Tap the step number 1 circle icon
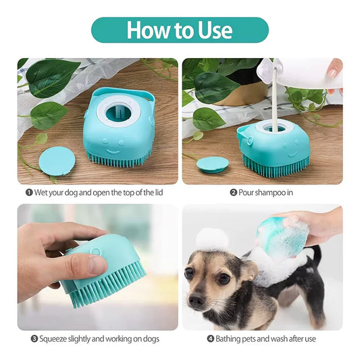[29, 192]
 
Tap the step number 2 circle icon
[233, 192]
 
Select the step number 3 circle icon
[34, 338]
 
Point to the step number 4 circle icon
[211, 338]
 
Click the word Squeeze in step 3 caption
[53, 339]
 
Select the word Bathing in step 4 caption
[228, 339]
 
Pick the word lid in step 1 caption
[159, 192]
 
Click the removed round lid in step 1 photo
[57, 161]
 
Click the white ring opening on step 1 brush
[118, 111]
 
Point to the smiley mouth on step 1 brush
[113, 151]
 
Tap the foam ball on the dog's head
[213, 240]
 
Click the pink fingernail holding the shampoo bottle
[332, 73]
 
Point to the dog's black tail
[317, 255]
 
